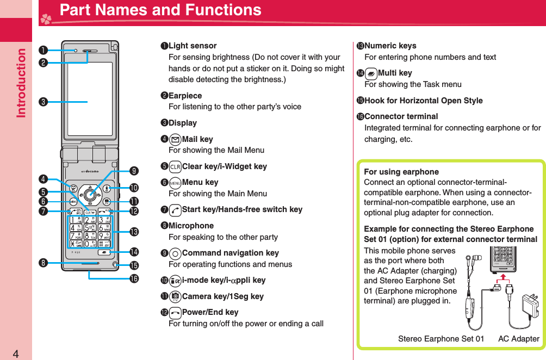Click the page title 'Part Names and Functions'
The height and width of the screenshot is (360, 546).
click(x=160, y=10)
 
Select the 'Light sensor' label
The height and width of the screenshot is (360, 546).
click(x=193, y=46)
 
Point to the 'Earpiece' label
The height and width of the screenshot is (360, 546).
click(x=185, y=96)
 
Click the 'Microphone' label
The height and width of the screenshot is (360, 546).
click(x=191, y=226)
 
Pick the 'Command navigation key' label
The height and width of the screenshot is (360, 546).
click(x=230, y=253)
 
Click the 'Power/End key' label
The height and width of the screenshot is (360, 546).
click(x=210, y=312)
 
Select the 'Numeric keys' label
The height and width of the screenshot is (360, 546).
click(x=390, y=46)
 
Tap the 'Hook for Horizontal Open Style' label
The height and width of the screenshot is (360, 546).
click(x=423, y=101)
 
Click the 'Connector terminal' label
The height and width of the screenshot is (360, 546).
click(x=401, y=116)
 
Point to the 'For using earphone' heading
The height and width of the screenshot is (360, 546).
click(x=401, y=172)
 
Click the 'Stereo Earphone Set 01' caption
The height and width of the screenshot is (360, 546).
click(x=440, y=339)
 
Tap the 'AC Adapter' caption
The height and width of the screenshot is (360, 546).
click(x=518, y=339)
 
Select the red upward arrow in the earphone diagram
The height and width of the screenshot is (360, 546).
click(x=504, y=278)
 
